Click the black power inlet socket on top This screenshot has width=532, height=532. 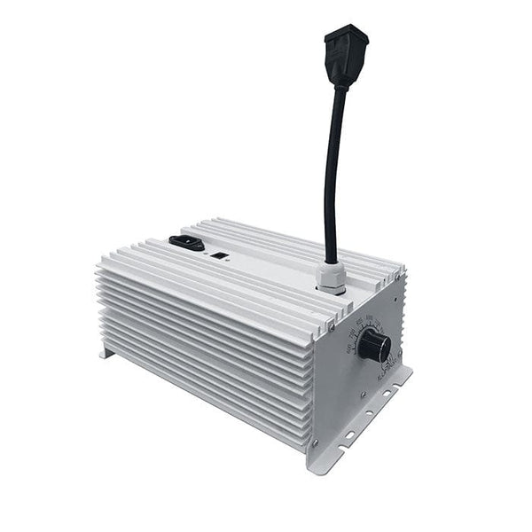click(x=186, y=241)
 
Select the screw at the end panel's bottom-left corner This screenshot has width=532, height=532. click(x=317, y=440)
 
